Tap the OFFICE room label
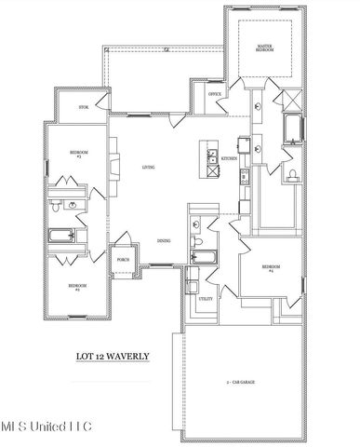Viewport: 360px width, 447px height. pos(214,94)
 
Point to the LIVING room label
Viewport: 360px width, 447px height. pos(148,167)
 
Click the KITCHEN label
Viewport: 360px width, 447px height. pos(228,159)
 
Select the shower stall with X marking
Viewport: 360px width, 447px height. pos(290,98)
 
